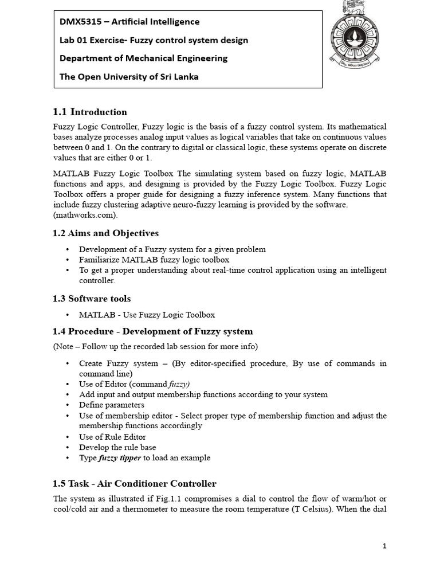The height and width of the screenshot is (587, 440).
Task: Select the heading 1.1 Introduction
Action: pos(90,112)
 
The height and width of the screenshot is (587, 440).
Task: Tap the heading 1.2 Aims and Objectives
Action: pos(106,233)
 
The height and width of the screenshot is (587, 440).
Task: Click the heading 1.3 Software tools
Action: pos(92,299)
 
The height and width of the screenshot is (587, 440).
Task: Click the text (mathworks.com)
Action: pos(85,215)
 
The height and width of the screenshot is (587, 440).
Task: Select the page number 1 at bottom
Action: pos(384,546)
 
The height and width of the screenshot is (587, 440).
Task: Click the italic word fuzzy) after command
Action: pos(179,384)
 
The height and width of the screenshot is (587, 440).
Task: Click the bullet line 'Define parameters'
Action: pos(112,405)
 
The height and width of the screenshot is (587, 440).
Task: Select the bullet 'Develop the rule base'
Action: pos(117,447)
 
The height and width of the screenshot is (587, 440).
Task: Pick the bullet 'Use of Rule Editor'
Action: pos(112,437)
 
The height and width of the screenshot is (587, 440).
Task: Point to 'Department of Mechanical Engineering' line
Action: pos(143,58)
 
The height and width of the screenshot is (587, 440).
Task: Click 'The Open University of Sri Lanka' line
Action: pos(129,76)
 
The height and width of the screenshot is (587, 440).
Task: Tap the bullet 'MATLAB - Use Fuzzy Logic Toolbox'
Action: pos(147,315)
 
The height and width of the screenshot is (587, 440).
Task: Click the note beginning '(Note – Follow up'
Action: pos(155,346)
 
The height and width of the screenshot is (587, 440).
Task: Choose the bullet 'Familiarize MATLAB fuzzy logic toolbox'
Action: pos(154,260)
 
